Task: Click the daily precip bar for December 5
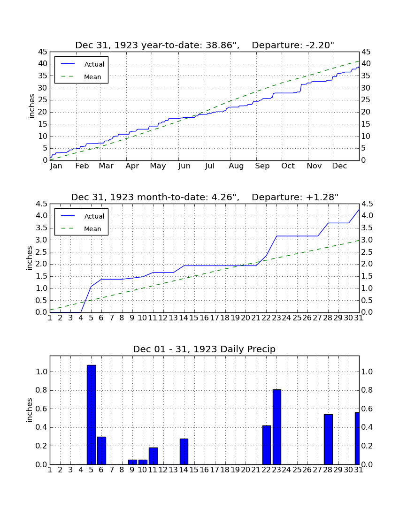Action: click(x=91, y=415)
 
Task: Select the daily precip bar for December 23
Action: click(x=277, y=427)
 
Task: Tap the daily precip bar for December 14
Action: click(x=184, y=451)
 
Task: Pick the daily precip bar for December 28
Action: click(x=328, y=440)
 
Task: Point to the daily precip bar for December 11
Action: click(x=153, y=456)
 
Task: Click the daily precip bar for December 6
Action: click(x=101, y=450)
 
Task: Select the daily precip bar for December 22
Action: click(x=267, y=445)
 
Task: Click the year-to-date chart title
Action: click(x=205, y=45)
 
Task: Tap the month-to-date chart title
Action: click(x=205, y=197)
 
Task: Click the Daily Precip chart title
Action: click(x=204, y=349)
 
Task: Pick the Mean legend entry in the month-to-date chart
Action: click(x=81, y=229)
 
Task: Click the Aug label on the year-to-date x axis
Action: click(x=237, y=166)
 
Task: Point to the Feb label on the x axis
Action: click(x=82, y=166)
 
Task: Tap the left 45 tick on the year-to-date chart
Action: click(x=43, y=52)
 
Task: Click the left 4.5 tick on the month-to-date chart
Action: click(x=41, y=204)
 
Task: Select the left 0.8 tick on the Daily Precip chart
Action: click(x=41, y=390)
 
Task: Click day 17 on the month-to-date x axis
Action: click(x=215, y=318)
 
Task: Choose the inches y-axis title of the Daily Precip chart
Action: click(x=30, y=410)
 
